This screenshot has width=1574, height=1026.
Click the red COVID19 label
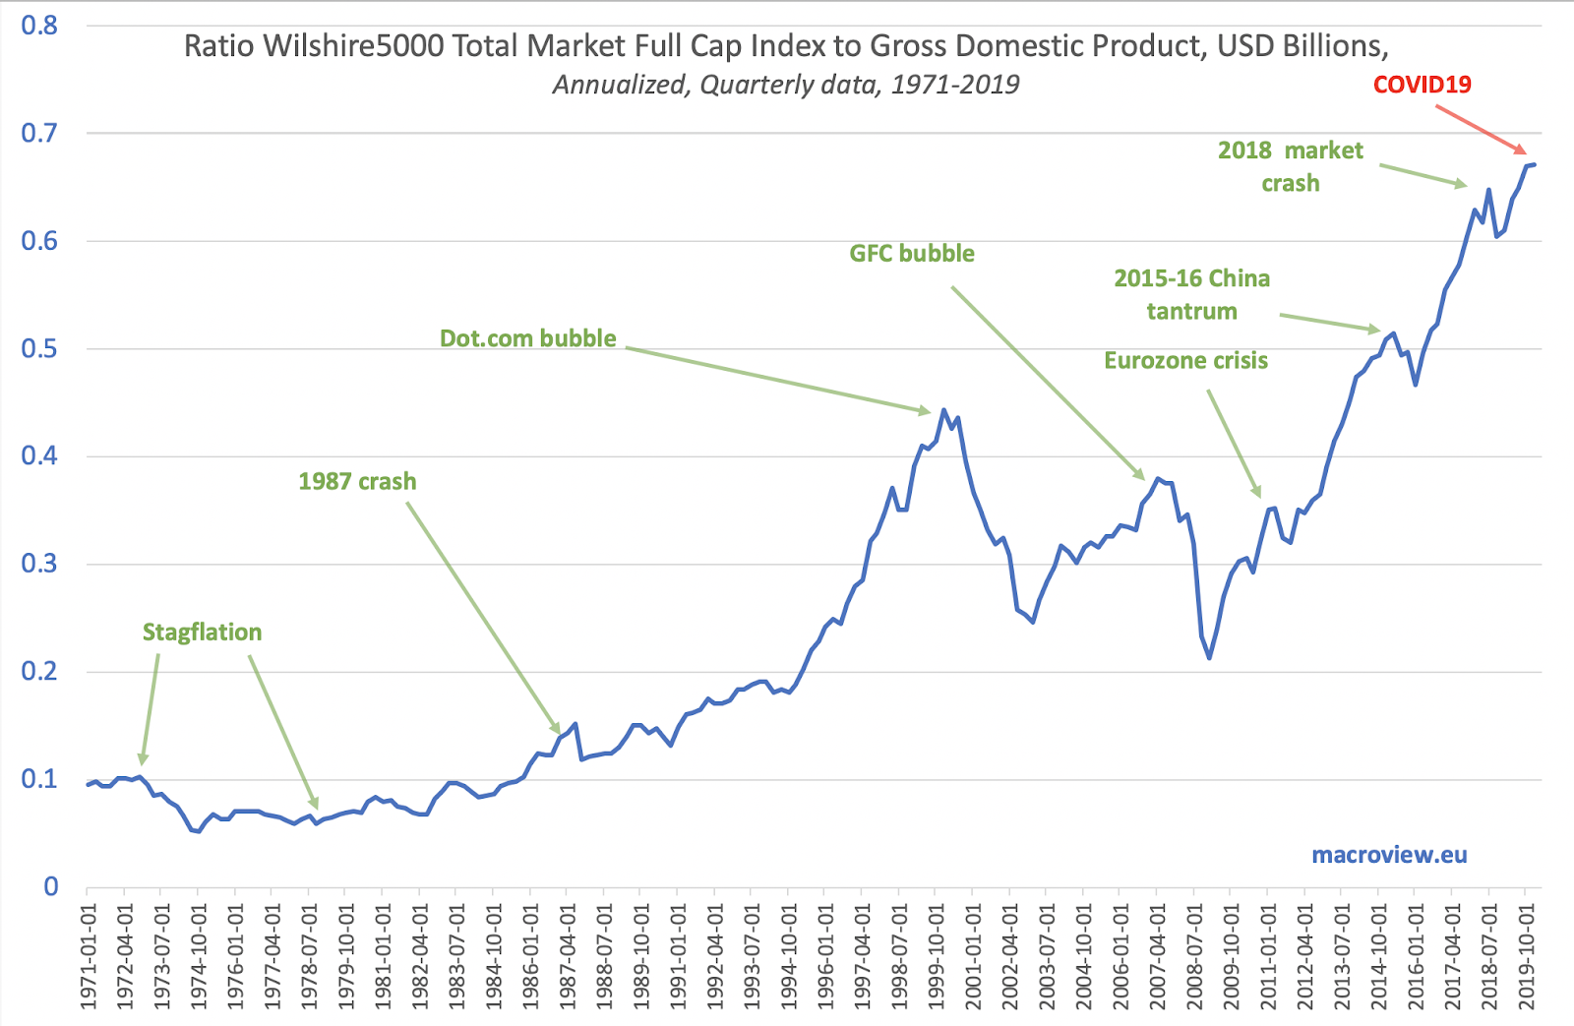click(1422, 85)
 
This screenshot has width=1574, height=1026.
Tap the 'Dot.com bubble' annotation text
click(527, 338)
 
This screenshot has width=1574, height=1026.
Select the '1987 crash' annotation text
click(357, 481)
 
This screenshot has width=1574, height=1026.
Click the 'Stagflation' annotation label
click(202, 632)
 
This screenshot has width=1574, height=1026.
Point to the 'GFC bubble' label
click(912, 254)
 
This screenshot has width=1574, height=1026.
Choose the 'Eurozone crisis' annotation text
click(1185, 360)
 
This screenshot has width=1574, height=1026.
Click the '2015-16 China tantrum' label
click(1191, 294)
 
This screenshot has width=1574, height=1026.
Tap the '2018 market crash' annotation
click(1291, 166)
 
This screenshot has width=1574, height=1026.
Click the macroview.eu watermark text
click(1389, 855)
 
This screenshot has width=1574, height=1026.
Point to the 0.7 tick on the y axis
click(39, 133)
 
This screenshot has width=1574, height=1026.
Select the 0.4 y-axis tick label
click(39, 455)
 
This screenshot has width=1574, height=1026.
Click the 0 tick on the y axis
click(51, 886)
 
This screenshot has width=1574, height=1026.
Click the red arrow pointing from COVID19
click(1481, 129)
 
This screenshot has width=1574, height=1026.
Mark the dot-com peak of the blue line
click(943, 410)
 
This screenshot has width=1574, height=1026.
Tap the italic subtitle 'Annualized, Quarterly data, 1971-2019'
click(785, 85)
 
